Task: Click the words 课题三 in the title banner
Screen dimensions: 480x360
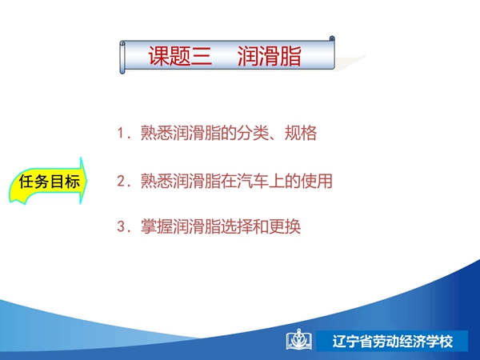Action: coord(180,56)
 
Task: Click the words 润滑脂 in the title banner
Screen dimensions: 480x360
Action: coord(270,56)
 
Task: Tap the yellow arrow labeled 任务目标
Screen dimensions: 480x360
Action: coord(48,182)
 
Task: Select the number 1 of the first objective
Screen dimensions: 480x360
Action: coord(120,134)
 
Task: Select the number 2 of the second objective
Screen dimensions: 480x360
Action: coord(121,181)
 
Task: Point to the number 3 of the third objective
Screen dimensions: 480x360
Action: coord(121,227)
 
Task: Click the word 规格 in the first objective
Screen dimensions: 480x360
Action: coord(301,133)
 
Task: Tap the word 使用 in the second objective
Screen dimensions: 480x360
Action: coord(317,181)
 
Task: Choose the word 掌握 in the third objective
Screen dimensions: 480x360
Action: coord(157,227)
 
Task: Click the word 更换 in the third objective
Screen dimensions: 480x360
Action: coord(285,227)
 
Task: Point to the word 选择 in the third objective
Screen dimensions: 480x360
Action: coord(237,227)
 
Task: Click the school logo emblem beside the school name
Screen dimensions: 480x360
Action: coord(299,340)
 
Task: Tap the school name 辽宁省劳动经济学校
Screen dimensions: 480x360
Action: coord(393,342)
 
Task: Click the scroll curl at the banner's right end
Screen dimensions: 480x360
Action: coord(332,39)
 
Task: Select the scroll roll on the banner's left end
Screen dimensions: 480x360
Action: coord(122,58)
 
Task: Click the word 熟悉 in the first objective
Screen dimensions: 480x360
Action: coord(157,133)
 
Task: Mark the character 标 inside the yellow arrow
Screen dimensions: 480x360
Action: coord(72,182)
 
